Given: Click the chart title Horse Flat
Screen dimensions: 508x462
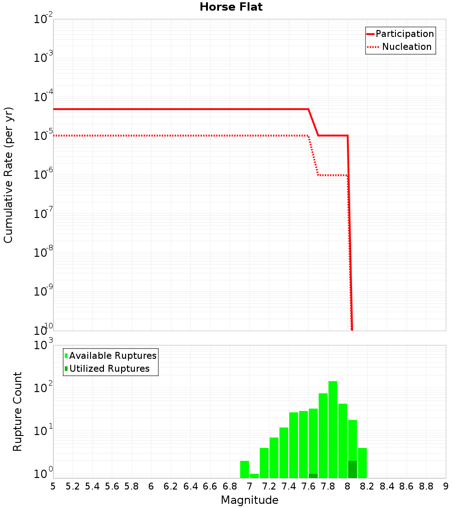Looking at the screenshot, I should point(231,7).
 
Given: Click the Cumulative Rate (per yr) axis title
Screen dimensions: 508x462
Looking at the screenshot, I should point(8,175).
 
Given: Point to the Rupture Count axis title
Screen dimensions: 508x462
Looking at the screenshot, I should point(18,411).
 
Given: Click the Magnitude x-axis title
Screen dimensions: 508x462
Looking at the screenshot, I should point(249,500).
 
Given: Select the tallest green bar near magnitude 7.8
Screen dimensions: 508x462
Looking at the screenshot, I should point(333,429).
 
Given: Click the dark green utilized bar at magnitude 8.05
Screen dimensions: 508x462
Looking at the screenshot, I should point(353,469).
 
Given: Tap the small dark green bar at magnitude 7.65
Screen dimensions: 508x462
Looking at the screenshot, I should point(313,476).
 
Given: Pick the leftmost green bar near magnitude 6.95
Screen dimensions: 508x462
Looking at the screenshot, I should point(244,469).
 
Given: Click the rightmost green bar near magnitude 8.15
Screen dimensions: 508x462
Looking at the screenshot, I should point(362,463).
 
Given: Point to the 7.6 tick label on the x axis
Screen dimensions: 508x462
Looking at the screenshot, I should point(309,486).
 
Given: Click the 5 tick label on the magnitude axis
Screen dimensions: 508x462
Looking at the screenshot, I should point(53,486).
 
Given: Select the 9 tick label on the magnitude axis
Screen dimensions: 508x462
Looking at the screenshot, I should point(445,486).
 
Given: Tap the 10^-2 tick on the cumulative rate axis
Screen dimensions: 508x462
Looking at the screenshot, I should point(43,19).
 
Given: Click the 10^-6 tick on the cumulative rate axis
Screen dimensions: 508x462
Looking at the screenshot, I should point(43,175).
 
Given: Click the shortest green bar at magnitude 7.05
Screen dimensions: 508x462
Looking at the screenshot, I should point(254,476).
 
